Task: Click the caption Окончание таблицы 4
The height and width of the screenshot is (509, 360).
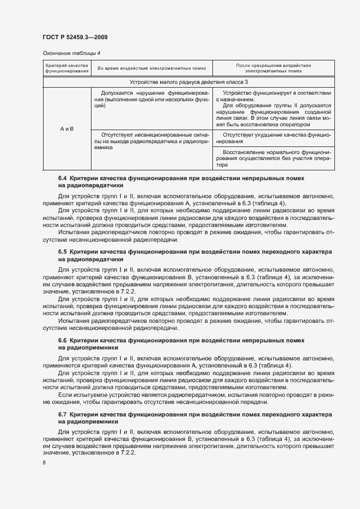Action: [72, 53]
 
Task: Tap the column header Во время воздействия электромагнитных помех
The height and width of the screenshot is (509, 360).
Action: [152, 68]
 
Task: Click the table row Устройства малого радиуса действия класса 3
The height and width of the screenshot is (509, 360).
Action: [189, 82]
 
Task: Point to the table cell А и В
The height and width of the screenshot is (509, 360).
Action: [67, 128]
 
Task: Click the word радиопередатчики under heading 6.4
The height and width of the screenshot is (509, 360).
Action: [82, 186]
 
